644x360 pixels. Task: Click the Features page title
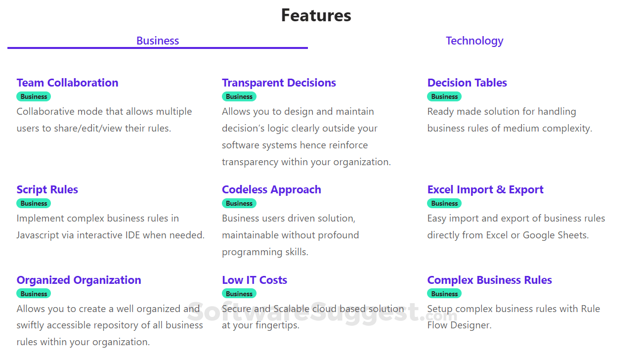click(x=316, y=15)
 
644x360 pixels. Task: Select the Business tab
click(x=158, y=41)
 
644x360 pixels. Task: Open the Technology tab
click(x=474, y=41)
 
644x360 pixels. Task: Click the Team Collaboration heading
click(x=67, y=83)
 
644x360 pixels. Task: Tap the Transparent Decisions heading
click(x=279, y=83)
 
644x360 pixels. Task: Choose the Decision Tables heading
click(x=467, y=83)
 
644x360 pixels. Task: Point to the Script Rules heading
click(x=47, y=189)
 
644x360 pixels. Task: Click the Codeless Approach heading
click(x=271, y=189)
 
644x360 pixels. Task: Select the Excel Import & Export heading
click(x=485, y=189)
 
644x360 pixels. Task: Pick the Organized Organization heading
click(x=79, y=280)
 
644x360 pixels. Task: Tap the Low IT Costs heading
click(x=255, y=280)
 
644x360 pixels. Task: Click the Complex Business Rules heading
click(x=489, y=280)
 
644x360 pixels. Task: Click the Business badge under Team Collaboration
click(x=34, y=96)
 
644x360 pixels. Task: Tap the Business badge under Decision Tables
click(x=444, y=96)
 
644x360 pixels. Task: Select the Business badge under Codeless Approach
click(x=239, y=203)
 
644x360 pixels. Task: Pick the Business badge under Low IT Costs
click(x=239, y=294)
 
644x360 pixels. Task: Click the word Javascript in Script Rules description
click(x=39, y=235)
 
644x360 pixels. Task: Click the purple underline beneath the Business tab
click(x=158, y=48)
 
